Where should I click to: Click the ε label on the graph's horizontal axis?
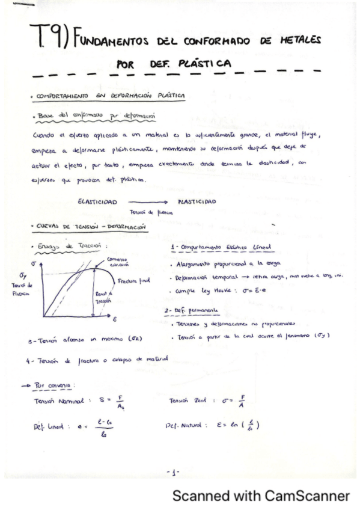point(113,319)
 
